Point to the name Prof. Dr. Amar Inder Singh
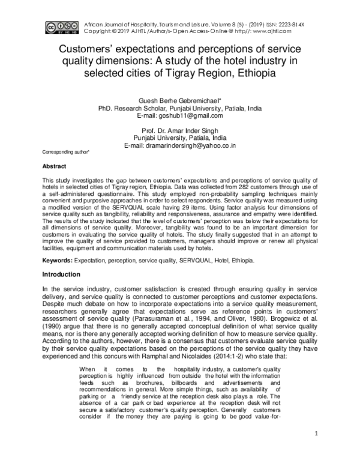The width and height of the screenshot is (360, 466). pos(180,130)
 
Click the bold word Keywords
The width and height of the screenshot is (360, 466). pos(56,261)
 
